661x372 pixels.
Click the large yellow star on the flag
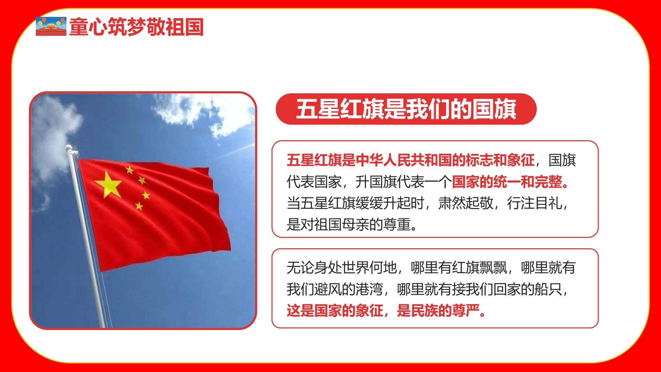coord(108,185)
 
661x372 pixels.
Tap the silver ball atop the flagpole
coord(69,148)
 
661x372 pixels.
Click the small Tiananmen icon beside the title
coord(51,26)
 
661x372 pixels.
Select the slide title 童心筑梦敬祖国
coord(136,27)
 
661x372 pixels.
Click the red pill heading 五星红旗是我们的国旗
coord(406,109)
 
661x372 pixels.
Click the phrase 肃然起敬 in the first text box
coord(465,204)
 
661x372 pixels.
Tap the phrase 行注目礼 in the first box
coord(534,204)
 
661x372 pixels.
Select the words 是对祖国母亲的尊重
coord(349,225)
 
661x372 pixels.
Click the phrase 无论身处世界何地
coord(342,268)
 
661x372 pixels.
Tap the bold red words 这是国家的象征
coord(335,311)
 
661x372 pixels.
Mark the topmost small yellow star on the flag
coord(129,169)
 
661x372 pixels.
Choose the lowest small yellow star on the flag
coord(139,206)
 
